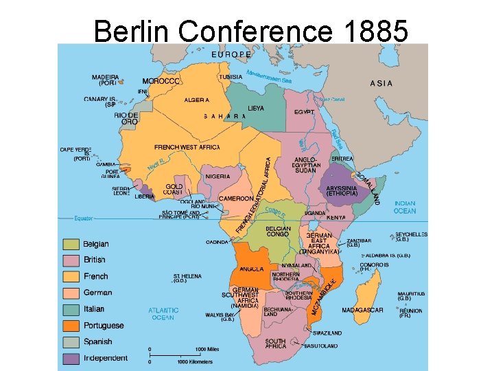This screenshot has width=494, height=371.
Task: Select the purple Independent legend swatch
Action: pos(71,358)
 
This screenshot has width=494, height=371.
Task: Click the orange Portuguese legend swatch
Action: pos(71,325)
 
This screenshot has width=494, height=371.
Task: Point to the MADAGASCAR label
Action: pos(362,310)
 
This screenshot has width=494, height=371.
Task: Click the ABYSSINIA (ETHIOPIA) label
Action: pos(342,190)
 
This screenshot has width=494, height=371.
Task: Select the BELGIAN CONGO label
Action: pos(278,232)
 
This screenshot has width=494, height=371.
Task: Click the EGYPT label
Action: pos(304,111)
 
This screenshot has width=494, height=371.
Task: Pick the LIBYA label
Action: pos(255,109)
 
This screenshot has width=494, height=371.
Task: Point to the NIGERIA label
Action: pos(217,177)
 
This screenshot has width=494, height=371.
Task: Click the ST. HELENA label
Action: pos(187,278)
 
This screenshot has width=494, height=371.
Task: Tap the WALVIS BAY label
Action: pos(220,316)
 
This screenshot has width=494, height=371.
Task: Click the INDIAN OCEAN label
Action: pos(404,207)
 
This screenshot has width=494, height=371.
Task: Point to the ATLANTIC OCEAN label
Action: pos(163,314)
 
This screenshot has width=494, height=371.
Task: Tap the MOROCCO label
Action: pos(161,81)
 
